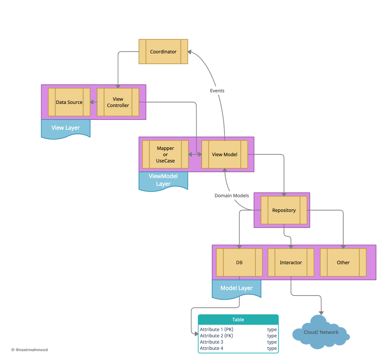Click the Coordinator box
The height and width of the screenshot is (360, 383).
tap(163, 52)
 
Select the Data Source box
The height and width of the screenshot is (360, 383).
tap(69, 102)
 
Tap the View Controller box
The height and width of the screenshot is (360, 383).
tap(118, 102)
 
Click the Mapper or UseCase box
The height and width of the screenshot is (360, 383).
tap(165, 154)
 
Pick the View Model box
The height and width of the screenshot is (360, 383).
tap(224, 154)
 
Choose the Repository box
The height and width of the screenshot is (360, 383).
tap(284, 210)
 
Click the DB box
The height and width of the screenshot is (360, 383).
tap(239, 262)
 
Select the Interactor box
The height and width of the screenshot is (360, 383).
tap(291, 262)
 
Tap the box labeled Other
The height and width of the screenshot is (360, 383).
tap(343, 262)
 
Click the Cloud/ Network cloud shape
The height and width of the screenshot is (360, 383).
tap(321, 332)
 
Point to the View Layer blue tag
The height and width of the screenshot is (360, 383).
tap(66, 128)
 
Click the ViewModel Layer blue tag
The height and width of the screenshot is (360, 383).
tap(163, 180)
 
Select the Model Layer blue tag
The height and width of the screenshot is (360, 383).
tap(236, 289)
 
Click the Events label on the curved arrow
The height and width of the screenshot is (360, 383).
tap(217, 91)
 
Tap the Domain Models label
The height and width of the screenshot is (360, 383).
tap(231, 196)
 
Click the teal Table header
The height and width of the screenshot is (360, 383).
tap(238, 320)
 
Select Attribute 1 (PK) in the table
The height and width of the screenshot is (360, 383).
tap(216, 329)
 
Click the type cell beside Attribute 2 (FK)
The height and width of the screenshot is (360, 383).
tap(272, 336)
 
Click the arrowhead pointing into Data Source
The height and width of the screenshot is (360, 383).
tap(92, 102)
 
